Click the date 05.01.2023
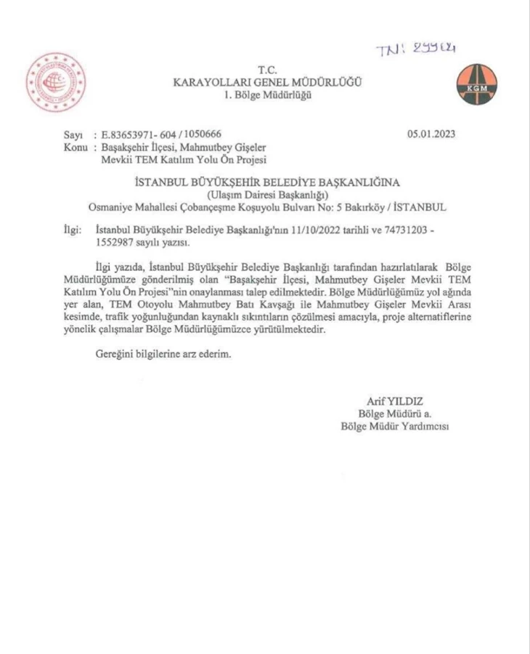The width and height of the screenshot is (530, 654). click(x=431, y=135)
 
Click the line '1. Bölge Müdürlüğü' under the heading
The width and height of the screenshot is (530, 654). click(x=267, y=94)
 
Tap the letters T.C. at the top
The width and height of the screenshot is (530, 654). click(x=267, y=68)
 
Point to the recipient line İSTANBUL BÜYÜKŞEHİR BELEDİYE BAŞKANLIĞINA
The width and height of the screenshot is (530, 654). click(x=267, y=181)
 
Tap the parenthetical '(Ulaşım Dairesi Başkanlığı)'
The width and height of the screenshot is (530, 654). click(x=267, y=193)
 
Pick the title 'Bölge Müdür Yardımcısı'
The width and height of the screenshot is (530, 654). click(x=395, y=425)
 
